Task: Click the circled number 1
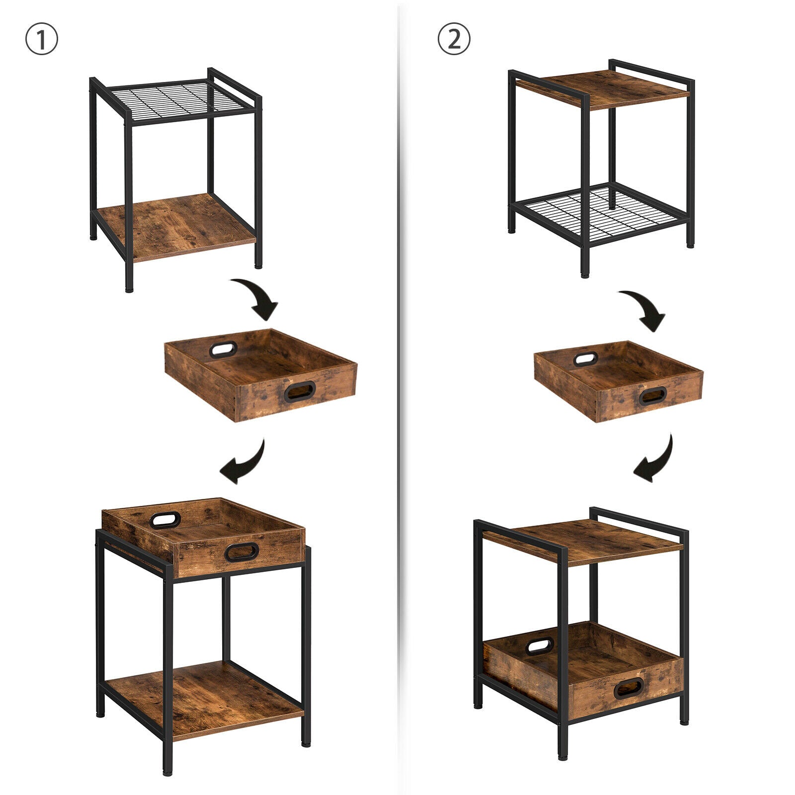(x=42, y=40)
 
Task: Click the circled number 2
(x=454, y=39)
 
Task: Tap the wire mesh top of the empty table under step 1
(x=176, y=99)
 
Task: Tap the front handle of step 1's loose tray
(x=300, y=392)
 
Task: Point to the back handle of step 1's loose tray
(x=223, y=350)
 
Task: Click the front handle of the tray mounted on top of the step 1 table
(x=241, y=552)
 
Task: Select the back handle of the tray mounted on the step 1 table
(x=165, y=520)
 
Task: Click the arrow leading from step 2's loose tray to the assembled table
(x=655, y=460)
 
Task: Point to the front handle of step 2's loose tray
(x=652, y=396)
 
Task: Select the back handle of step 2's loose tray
(x=586, y=359)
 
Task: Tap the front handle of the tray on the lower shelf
(x=629, y=688)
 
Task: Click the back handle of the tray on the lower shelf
(x=540, y=646)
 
